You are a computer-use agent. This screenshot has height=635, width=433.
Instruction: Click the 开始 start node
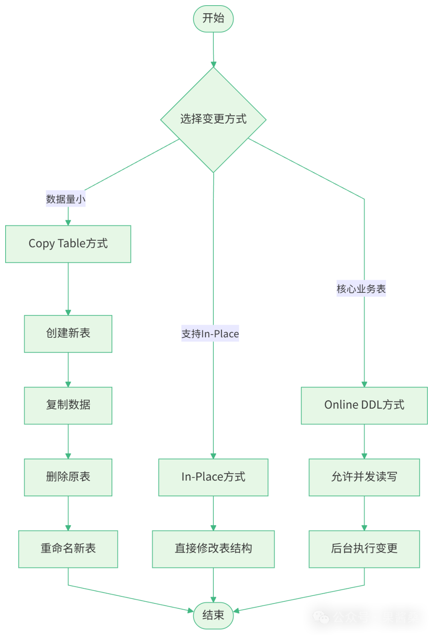[x=213, y=18]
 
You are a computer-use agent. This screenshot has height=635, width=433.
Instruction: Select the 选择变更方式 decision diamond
[x=213, y=119]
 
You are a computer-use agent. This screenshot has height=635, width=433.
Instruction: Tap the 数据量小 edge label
[x=66, y=199]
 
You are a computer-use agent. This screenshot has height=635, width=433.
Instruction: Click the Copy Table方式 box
[x=68, y=244]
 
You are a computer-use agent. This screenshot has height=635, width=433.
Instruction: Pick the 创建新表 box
[x=68, y=333]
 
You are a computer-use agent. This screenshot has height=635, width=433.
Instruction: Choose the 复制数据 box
[x=68, y=405]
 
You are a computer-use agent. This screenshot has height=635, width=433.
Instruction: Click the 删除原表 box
[x=68, y=477]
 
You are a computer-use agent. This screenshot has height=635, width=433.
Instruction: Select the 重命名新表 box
[x=68, y=549]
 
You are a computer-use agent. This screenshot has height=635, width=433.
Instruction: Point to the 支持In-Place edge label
[x=210, y=333]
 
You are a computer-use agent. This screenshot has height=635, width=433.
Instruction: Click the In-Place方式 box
[x=213, y=477]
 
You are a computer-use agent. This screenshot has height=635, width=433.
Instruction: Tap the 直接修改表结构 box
[x=213, y=549]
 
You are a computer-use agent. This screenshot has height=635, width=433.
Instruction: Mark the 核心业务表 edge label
[x=361, y=288]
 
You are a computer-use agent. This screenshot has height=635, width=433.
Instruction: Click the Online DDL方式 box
[x=364, y=405]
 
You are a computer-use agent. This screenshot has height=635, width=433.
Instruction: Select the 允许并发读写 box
[x=364, y=477]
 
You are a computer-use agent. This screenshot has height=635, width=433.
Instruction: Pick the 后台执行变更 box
[x=364, y=549]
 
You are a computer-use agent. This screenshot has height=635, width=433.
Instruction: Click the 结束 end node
[x=213, y=615]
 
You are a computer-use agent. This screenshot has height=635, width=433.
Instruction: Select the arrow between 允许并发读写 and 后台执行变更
[x=364, y=513]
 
